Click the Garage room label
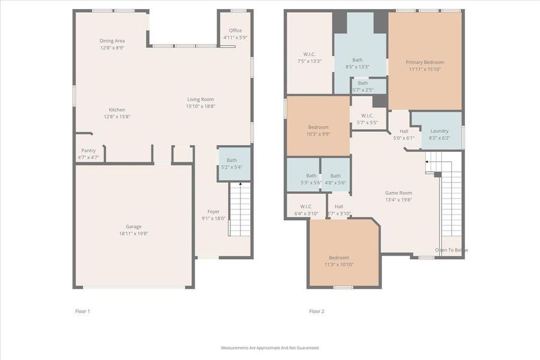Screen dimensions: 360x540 (134, 226)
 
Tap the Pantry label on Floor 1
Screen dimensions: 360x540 (88, 151)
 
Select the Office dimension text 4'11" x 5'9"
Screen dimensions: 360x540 (235, 37)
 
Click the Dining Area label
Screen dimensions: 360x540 (112, 41)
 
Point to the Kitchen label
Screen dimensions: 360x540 (117, 110)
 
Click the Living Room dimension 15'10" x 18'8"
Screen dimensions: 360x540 (200, 106)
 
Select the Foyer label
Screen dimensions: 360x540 (214, 212)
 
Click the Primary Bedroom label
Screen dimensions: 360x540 (425, 62)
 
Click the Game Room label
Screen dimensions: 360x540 (398, 193)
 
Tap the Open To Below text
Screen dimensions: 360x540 (451, 250)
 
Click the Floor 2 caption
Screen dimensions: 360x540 (316, 311)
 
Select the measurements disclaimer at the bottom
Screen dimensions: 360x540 (270, 348)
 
